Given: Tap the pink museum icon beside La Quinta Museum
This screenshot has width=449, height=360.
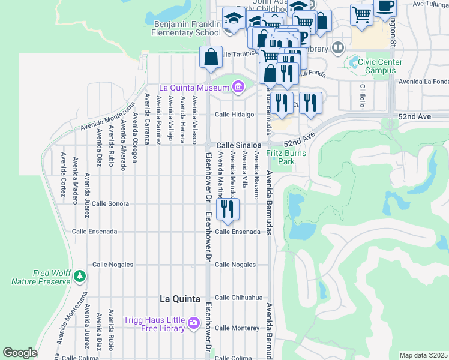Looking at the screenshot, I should [238, 88].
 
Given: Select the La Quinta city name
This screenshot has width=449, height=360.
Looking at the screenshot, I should [179, 298].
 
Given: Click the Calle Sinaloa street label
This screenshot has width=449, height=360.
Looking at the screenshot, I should [238, 145].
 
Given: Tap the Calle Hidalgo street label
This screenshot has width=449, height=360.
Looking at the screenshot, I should [235, 114].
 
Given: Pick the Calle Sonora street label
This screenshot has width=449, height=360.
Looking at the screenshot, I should [110, 204].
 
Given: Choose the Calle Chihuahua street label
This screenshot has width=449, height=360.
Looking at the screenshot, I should [239, 298].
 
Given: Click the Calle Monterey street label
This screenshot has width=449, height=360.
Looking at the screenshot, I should [237, 328].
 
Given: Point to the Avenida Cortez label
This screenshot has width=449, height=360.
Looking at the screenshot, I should [62, 169].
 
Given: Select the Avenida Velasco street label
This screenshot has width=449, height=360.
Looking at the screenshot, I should [194, 120].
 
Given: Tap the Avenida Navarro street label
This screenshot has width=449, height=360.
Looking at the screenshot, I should [256, 175].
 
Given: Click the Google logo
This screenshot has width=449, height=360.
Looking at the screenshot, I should [20, 353].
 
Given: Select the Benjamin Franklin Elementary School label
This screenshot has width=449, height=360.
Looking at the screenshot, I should [179, 28].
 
